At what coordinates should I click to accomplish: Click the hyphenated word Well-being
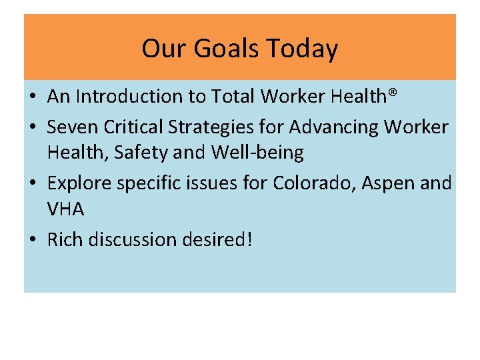(257, 153)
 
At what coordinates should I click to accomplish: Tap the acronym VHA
(65, 209)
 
